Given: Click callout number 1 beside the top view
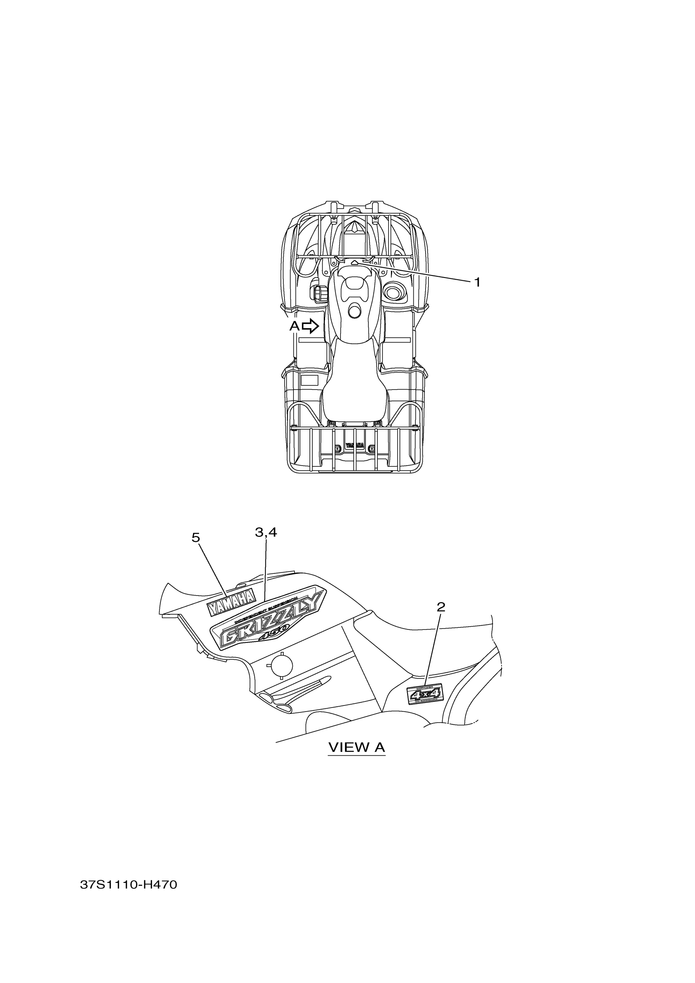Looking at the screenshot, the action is click(477, 282).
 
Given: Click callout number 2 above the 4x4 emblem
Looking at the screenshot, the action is click(441, 607).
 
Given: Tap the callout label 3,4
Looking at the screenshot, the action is click(266, 532).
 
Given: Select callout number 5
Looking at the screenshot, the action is click(196, 538).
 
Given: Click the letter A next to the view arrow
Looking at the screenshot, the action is click(295, 326).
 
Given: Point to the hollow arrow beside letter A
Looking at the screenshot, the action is click(310, 327).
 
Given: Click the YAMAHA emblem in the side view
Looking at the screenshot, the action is click(231, 602).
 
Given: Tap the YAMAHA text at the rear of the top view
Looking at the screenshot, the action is click(354, 445).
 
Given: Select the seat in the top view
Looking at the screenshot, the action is click(354, 385).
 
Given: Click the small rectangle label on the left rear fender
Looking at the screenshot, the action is click(309, 380).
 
